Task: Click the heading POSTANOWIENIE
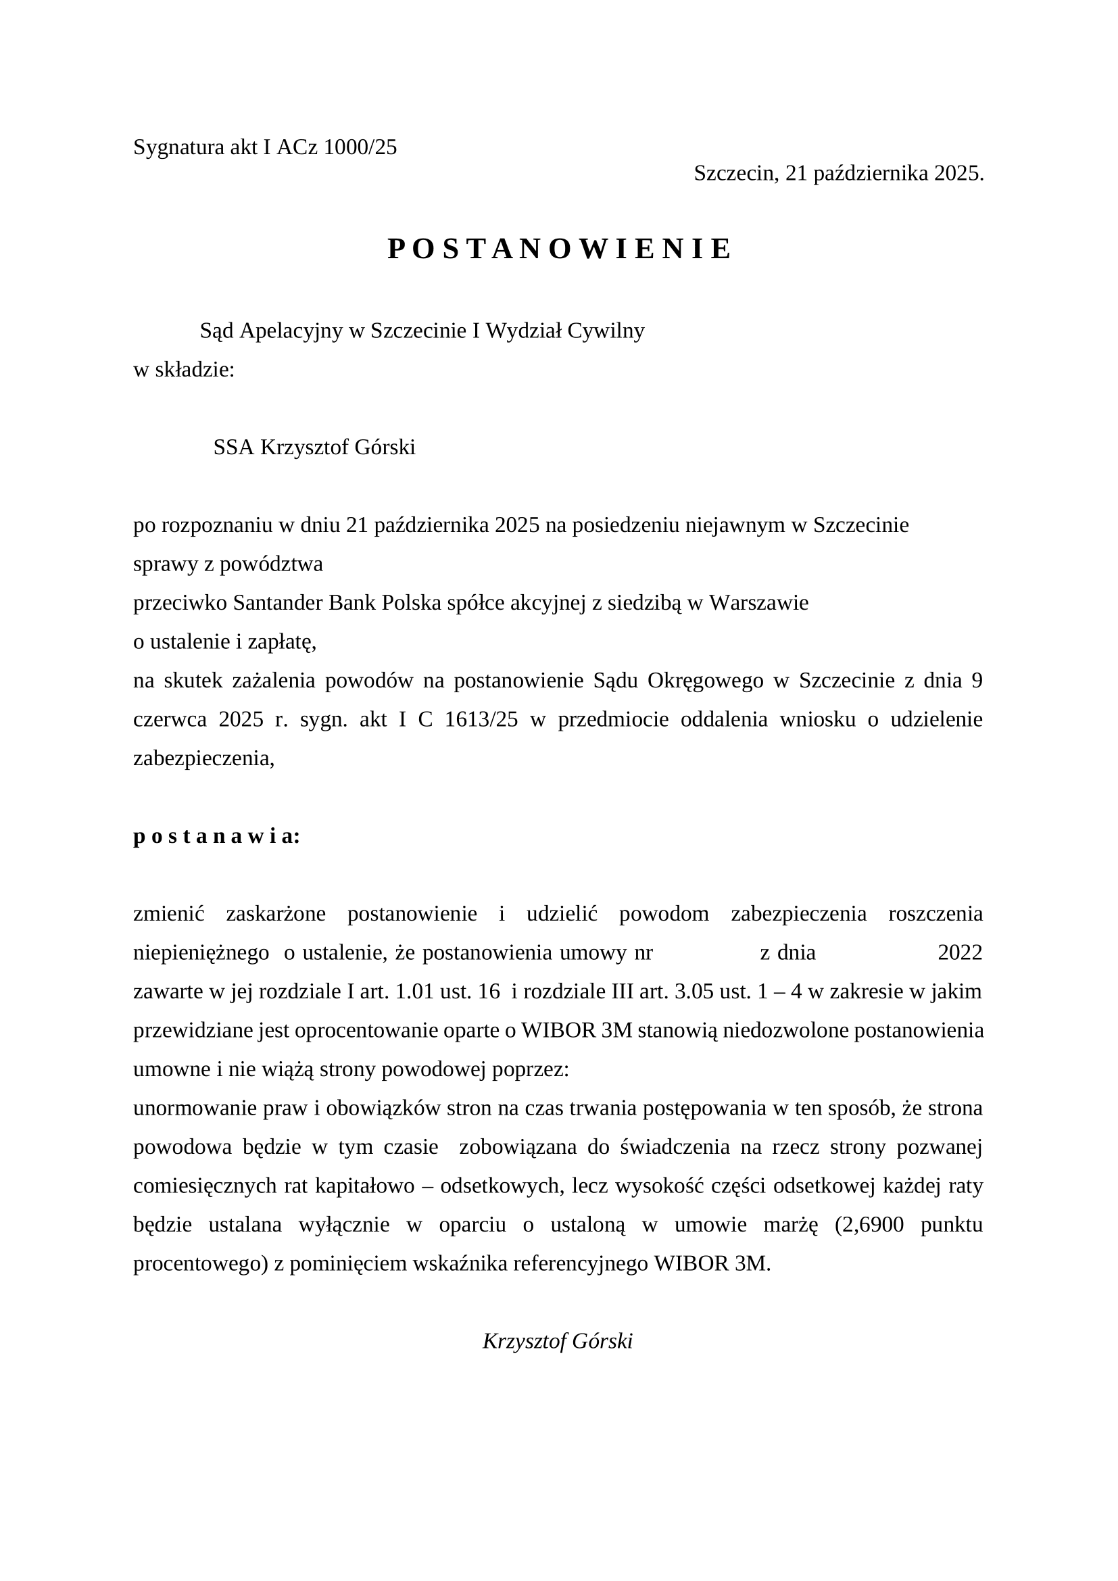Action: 559,249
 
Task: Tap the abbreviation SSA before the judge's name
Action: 233,447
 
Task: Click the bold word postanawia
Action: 216,837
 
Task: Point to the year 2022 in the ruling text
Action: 960,953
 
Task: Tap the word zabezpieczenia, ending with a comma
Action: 203,758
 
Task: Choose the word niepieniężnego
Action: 201,953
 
